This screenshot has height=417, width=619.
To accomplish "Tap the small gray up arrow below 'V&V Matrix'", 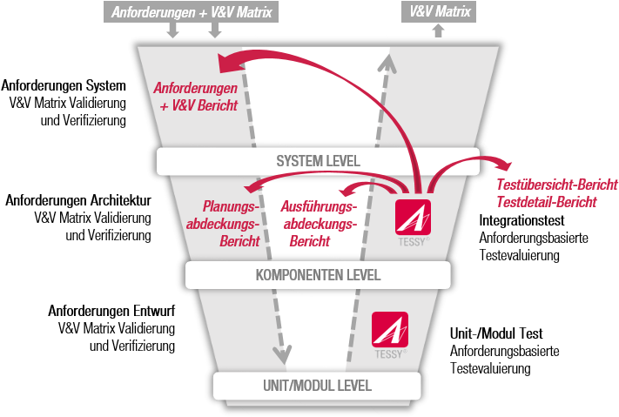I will [437, 31].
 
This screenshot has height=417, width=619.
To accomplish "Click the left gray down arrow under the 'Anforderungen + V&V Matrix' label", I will [172, 31].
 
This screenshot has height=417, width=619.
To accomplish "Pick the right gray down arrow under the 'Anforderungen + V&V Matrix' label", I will [215, 31].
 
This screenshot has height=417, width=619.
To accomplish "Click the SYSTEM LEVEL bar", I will [318, 161].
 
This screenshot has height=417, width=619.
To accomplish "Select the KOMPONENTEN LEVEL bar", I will [318, 275].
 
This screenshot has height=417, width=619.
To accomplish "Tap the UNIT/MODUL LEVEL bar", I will [317, 385].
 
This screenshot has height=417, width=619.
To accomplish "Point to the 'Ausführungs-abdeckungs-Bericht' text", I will [320, 224].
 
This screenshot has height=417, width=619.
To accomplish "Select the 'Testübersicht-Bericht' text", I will [556, 185].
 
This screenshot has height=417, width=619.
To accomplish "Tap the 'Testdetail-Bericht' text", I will [546, 202].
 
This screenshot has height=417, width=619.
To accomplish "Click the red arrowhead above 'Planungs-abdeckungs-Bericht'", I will [252, 185].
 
